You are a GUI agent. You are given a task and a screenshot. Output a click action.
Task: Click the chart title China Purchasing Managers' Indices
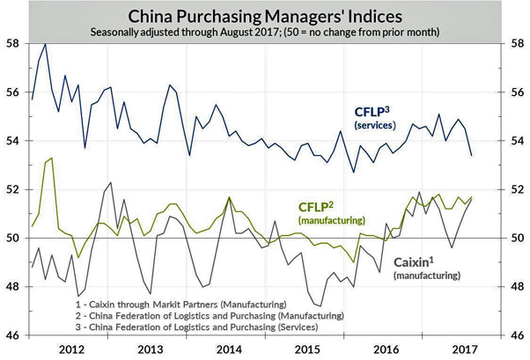pyautogui.click(x=264, y=15)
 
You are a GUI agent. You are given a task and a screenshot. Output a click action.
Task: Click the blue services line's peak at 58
pyautogui.click(x=45, y=44)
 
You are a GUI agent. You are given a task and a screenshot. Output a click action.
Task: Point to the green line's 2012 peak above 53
pyautogui.click(x=51, y=158)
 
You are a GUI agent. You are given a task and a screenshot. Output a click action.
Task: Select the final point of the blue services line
pyautogui.click(x=471, y=156)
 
